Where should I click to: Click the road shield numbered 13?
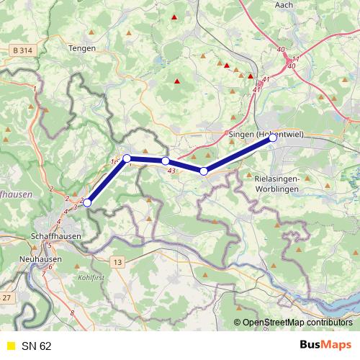[x=117, y=261]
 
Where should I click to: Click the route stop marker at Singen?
[x=273, y=138]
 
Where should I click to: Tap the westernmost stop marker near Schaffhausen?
[x=88, y=203]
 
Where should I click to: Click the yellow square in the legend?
[x=9, y=346]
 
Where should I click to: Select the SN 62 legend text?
[x=36, y=346]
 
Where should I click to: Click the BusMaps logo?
[x=326, y=346]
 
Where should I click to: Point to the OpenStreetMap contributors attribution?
[x=297, y=323]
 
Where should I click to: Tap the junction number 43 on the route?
[x=171, y=171]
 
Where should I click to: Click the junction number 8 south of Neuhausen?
[x=72, y=313]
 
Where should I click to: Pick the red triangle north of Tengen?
[x=174, y=16]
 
